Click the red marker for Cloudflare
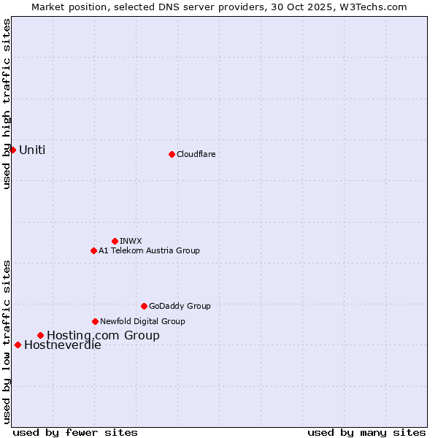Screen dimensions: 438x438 [x=172, y=154]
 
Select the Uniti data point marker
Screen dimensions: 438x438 [x=12, y=150]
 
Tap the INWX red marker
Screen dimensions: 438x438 [x=115, y=241]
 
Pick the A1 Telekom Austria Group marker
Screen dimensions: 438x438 [x=93, y=250]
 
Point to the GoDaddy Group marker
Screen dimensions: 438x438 [x=144, y=306]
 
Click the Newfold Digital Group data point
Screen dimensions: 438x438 [x=95, y=321]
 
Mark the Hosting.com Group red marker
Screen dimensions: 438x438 [x=40, y=335]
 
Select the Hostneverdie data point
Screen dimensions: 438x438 [x=18, y=345]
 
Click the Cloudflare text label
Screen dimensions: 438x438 [x=196, y=154]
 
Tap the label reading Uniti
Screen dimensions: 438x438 [x=32, y=150]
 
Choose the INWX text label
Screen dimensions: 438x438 [x=131, y=241]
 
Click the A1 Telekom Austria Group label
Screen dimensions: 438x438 [x=149, y=250]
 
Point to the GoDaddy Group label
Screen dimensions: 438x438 [x=180, y=306]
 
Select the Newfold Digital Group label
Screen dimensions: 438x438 [x=142, y=321]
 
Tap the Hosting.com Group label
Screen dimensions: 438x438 [x=103, y=336]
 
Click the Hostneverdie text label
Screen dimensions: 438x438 [x=63, y=345]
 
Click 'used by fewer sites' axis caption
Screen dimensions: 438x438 [x=75, y=432]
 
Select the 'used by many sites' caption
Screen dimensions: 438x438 [x=366, y=432]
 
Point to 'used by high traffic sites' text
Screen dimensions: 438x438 [x=7, y=104]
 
